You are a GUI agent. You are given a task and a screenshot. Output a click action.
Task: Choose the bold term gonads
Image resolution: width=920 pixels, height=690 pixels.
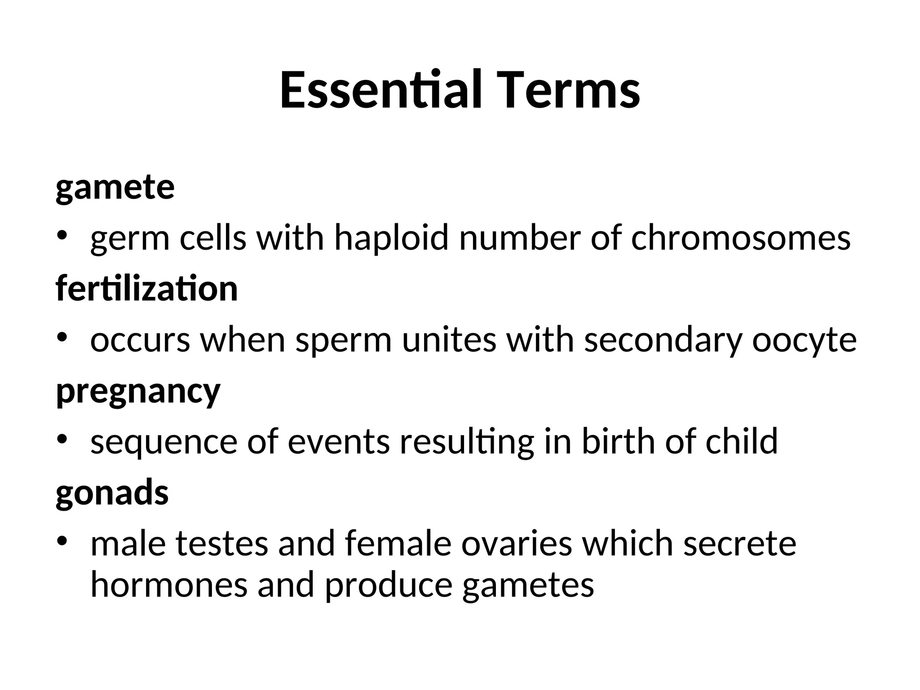112,492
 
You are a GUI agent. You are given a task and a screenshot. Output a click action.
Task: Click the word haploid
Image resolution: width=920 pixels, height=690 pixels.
391,238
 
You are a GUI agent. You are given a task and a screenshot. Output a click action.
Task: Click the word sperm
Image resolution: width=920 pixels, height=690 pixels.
344,340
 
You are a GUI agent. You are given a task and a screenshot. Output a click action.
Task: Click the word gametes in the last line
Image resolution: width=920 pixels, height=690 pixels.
528,587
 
